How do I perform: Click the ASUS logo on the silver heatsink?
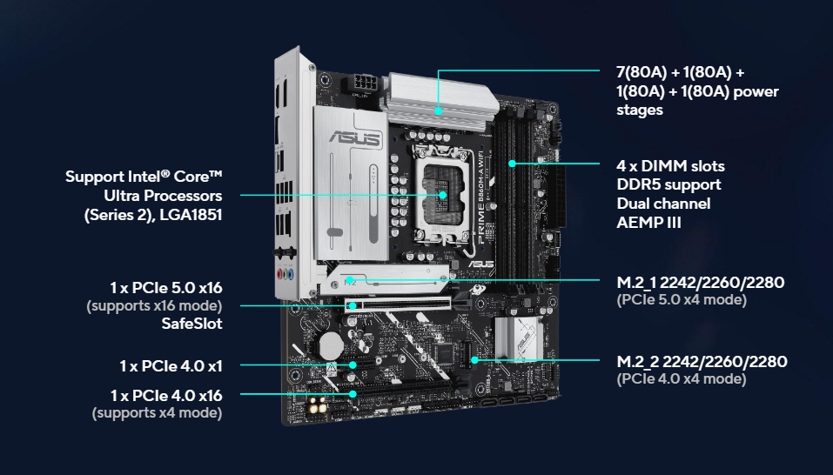click(355, 138)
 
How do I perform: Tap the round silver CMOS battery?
click(331, 345)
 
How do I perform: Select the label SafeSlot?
click(191, 324)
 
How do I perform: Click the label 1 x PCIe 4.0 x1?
click(171, 365)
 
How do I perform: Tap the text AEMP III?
click(648, 222)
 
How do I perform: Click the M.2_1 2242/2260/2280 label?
click(700, 282)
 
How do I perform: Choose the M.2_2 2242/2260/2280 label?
click(702, 361)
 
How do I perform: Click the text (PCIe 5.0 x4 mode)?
click(682, 299)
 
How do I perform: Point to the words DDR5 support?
click(668, 184)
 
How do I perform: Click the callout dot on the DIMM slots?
click(512, 164)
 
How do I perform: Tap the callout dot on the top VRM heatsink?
click(439, 111)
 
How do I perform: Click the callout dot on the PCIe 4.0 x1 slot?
click(353, 365)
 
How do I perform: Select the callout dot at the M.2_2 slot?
click(475, 360)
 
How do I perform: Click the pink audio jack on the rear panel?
click(280, 274)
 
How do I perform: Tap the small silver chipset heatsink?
click(519, 338)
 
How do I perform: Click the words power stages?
click(697, 100)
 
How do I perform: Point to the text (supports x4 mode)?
click(158, 413)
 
